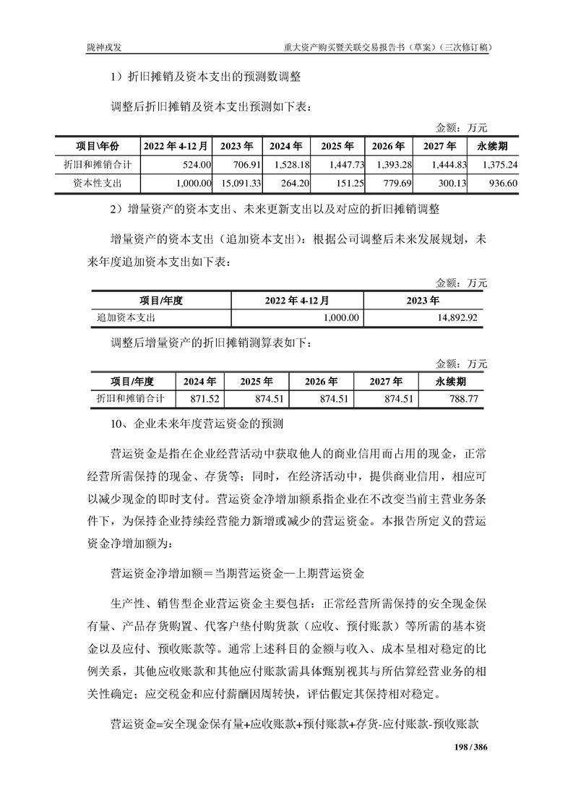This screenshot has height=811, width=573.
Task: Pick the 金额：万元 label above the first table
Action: click(462, 128)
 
